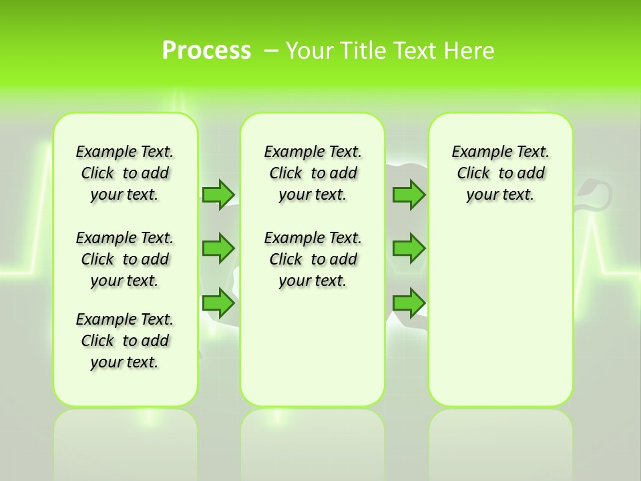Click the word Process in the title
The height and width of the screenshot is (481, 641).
pos(206,51)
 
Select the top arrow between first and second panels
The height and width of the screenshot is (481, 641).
pos(218,194)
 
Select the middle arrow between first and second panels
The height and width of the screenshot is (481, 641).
pos(218,248)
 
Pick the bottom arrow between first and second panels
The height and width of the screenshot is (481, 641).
pos(218,303)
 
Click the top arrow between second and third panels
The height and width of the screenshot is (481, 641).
pos(409,194)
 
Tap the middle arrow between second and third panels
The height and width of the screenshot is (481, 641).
pos(409,248)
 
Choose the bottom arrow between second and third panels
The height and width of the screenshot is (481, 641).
pos(409,303)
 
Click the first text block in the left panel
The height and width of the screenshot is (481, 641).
pos(125,173)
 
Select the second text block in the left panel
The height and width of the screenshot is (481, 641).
pos(125,259)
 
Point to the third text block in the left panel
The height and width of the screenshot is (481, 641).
pos(125,341)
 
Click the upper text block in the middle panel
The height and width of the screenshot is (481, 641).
pos(313,173)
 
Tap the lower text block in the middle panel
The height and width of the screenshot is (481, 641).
pos(313,259)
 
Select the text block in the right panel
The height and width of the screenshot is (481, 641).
pos(501,173)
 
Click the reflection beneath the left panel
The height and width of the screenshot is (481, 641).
pos(126,441)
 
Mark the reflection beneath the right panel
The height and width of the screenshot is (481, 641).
pos(501,441)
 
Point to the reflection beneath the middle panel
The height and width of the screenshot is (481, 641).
pos(312,441)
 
